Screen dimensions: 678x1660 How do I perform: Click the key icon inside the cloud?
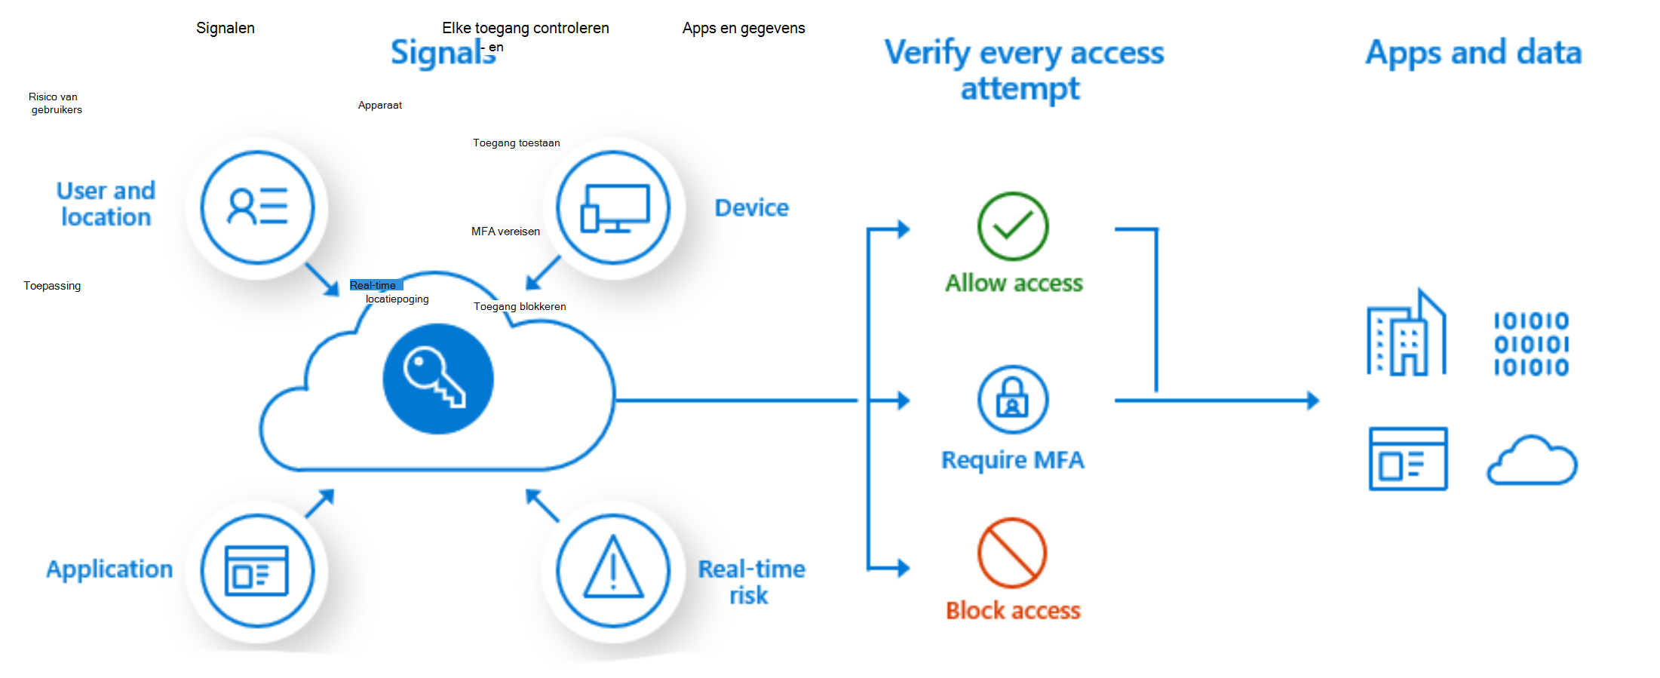click(x=438, y=378)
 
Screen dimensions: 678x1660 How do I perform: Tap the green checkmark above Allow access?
click(x=1012, y=226)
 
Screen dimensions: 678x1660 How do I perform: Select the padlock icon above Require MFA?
click(x=1012, y=399)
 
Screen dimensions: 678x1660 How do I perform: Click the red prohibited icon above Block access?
click(x=1012, y=552)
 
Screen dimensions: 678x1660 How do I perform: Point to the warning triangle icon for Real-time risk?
click(x=613, y=570)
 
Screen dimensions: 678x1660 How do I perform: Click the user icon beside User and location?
click(x=257, y=207)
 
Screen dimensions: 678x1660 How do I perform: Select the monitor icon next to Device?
click(x=614, y=207)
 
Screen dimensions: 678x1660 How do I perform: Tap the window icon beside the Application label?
click(x=257, y=570)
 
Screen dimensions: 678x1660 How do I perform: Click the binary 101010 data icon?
click(x=1531, y=344)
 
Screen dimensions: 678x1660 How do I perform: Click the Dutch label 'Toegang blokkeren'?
click(x=520, y=306)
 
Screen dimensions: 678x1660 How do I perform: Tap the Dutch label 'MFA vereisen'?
click(x=505, y=232)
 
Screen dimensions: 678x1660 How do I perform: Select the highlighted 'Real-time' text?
click(x=374, y=285)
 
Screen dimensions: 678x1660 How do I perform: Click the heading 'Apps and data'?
click(x=1473, y=53)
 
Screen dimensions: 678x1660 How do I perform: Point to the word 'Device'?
click(x=751, y=207)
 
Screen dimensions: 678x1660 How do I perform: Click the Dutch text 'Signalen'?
click(x=226, y=28)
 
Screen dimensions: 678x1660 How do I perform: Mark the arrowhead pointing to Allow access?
click(x=902, y=229)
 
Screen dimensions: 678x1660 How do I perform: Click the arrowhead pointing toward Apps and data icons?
click(x=1312, y=400)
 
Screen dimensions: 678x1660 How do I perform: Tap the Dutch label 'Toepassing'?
click(x=52, y=286)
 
